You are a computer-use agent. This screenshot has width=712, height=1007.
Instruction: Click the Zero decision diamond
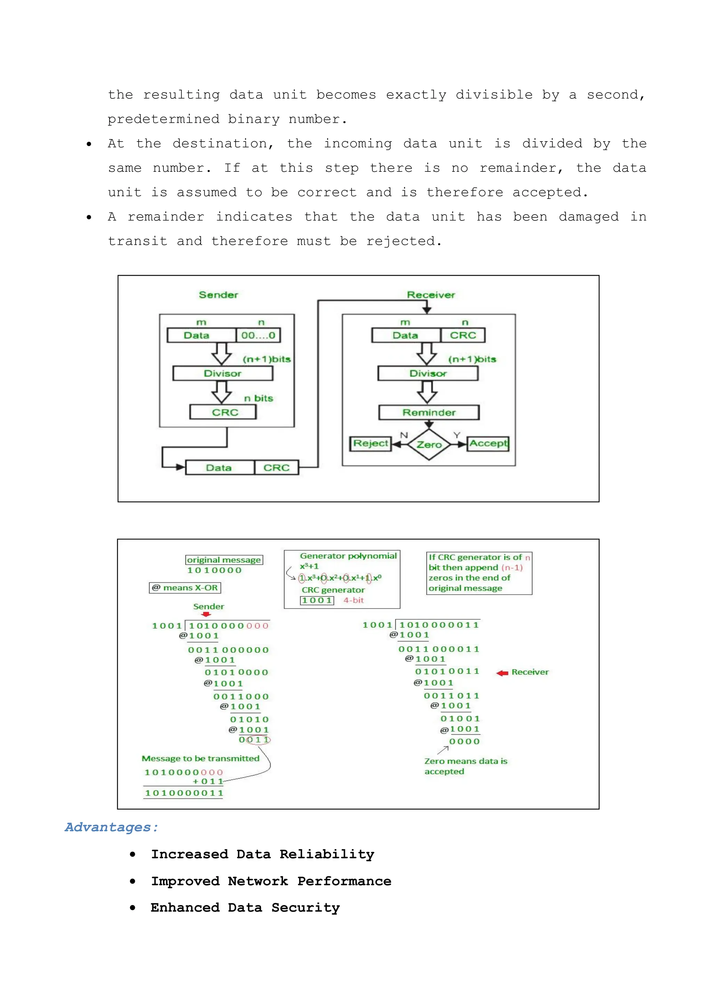tap(429, 445)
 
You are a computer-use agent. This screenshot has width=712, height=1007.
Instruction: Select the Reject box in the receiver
tap(371, 443)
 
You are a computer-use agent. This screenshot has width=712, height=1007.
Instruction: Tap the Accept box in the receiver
tap(488, 443)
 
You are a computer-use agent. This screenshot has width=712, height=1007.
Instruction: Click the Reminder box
tap(429, 413)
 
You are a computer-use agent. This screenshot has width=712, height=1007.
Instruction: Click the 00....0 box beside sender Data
tap(258, 336)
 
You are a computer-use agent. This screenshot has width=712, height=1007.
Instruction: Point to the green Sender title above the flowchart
tap(218, 295)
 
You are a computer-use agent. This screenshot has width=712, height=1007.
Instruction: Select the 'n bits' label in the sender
tap(259, 398)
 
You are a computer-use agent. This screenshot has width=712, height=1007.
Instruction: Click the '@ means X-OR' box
tap(185, 588)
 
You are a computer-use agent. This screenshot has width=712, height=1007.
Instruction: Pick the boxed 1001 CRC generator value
tap(317, 601)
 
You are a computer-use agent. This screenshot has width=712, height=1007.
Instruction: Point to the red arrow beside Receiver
tap(502, 673)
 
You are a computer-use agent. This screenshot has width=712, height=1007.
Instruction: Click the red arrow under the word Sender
tap(206, 614)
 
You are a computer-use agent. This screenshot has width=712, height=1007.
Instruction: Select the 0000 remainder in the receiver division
tap(464, 742)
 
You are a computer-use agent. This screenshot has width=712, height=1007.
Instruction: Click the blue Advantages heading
tap(111, 827)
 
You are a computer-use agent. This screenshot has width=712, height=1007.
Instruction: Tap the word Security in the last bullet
tap(306, 908)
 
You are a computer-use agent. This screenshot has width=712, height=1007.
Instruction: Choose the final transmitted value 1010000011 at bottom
tap(184, 793)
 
